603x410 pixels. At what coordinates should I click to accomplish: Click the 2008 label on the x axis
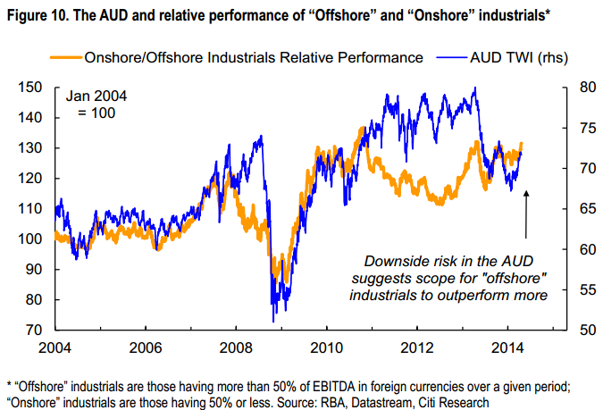235,347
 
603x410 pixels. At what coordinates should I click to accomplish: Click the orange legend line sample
62,58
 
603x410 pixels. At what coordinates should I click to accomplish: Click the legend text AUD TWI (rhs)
518,58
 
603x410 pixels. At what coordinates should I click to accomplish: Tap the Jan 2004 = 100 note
92,105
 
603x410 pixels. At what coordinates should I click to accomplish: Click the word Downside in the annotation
395,261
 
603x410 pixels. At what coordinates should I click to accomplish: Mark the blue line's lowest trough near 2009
272,321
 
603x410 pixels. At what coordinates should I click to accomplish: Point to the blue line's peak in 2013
474,88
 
